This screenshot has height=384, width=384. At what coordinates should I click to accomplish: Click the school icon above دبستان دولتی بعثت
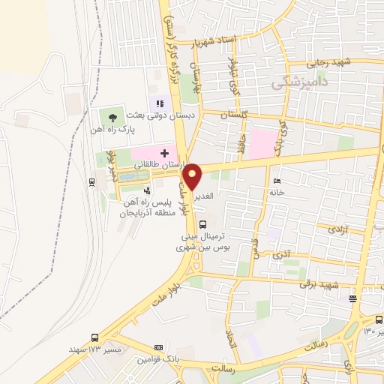tap(158, 103)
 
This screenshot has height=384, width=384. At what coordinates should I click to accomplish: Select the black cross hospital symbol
tap(165, 153)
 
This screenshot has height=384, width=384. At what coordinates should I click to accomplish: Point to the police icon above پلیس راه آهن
tap(147, 191)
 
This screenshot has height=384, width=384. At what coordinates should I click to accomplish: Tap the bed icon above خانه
tap(277, 181)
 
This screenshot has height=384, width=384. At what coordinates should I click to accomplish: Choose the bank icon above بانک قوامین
tap(158, 348)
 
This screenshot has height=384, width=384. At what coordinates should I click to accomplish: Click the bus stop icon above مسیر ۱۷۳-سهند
tap(94, 337)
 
